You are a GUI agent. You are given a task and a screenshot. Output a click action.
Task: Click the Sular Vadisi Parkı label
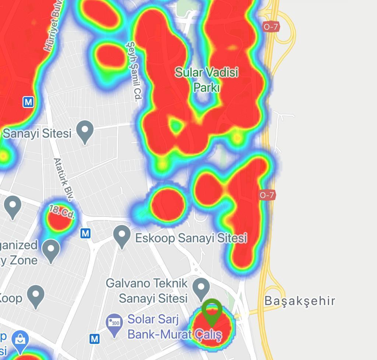click(207, 79)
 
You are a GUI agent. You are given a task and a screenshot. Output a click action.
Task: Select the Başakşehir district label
click(300, 301)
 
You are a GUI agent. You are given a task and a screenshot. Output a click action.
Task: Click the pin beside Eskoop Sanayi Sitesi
click(122, 236)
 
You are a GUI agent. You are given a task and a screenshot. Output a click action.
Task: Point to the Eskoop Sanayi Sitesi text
click(191, 238)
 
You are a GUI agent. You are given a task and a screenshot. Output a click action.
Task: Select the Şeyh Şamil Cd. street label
click(134, 71)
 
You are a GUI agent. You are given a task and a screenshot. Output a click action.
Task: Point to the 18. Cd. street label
click(61, 212)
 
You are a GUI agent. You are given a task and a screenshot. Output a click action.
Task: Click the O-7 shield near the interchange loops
click(271, 26)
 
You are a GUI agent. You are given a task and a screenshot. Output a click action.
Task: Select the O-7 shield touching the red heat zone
click(267, 195)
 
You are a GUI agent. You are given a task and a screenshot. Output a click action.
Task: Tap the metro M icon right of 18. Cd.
click(85, 233)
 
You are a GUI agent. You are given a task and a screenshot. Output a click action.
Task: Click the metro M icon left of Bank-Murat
click(95, 339)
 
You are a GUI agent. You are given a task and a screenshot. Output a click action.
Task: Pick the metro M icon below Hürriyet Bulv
click(28, 102)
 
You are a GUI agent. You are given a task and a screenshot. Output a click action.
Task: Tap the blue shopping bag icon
click(21, 340)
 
